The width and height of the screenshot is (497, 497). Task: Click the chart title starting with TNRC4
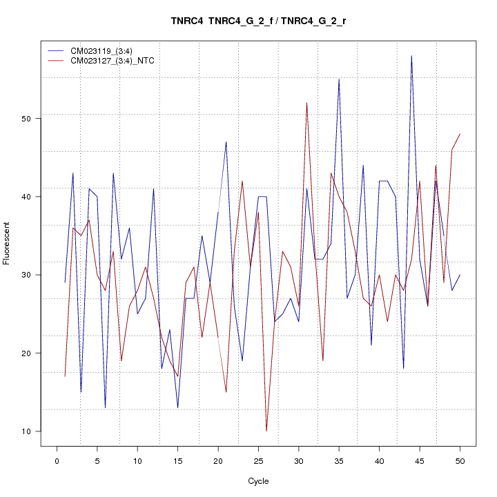pyautogui.click(x=258, y=21)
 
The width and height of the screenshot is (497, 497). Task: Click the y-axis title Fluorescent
pyautogui.click(x=7, y=243)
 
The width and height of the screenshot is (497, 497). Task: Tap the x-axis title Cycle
pyautogui.click(x=258, y=481)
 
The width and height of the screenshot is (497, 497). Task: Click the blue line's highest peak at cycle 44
pyautogui.click(x=411, y=56)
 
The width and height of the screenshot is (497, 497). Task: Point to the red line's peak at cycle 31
pyautogui.click(x=306, y=103)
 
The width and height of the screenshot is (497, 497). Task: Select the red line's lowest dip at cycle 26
pyautogui.click(x=266, y=431)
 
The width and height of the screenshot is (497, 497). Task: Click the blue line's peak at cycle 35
pyautogui.click(x=339, y=79)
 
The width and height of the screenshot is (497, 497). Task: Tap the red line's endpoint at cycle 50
pyautogui.click(x=460, y=134)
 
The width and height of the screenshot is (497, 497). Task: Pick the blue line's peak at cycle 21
pyautogui.click(x=226, y=142)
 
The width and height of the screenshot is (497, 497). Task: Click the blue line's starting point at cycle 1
pyautogui.click(x=65, y=282)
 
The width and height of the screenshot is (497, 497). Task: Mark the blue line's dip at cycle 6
pyautogui.click(x=105, y=408)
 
